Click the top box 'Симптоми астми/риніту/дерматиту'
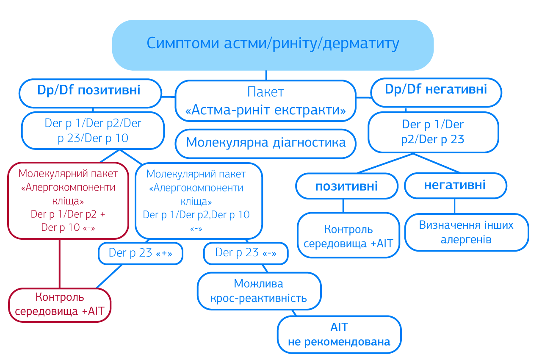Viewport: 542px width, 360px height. (273, 44)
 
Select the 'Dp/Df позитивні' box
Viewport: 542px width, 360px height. (90, 93)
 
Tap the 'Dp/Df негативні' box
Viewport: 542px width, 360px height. (436, 92)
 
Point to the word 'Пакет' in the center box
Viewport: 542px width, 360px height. (265, 92)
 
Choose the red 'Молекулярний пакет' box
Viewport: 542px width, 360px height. (68, 200)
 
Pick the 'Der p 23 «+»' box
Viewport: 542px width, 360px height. (141, 253)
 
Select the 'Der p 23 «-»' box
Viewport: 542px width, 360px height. (246, 253)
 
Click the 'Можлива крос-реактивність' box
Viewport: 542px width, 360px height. (259, 291)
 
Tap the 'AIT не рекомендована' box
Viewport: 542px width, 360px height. (339, 334)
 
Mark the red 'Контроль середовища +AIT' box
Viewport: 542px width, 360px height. (59, 305)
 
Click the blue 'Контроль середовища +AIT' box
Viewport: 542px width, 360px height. (348, 236)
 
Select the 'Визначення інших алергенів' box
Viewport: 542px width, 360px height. (466, 232)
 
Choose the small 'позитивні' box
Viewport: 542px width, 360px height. (346, 186)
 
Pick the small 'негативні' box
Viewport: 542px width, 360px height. (455, 186)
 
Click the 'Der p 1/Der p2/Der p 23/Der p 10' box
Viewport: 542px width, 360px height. (93, 131)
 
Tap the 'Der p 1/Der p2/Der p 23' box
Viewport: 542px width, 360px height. (433, 132)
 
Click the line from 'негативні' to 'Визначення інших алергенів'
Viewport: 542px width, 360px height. (455, 206)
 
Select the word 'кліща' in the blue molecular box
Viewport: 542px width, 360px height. (199, 201)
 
